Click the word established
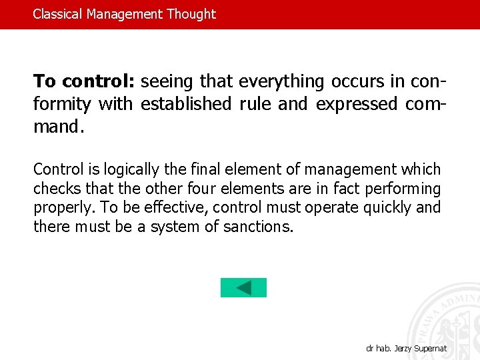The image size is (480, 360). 186,104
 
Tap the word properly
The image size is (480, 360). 63,208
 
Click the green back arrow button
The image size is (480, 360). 243,287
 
